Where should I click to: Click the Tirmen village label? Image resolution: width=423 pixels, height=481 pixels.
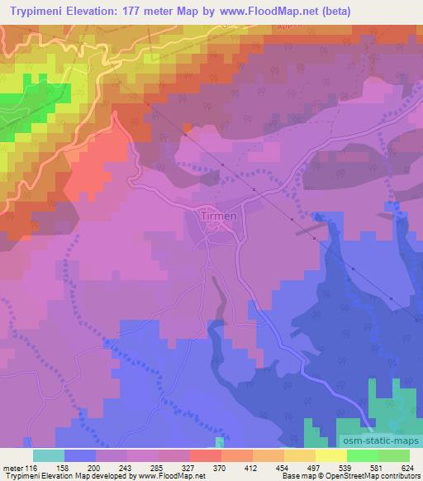(x=219, y=216)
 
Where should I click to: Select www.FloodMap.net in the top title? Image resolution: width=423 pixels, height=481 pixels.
(x=264, y=12)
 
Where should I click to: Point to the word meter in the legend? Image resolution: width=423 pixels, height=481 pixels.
(x=14, y=467)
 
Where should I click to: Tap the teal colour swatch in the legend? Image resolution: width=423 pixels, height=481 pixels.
(x=49, y=455)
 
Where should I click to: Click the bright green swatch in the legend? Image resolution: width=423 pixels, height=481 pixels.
(x=361, y=455)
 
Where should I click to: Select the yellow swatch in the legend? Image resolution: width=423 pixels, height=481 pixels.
(x=330, y=455)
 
